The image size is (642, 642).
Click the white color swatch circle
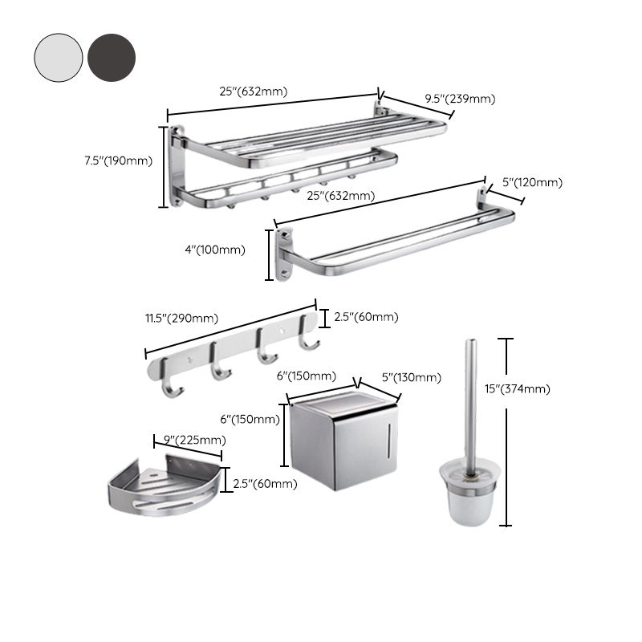(59, 57)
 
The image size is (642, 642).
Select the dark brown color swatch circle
(112, 57)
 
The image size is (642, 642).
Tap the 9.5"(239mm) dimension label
(460, 99)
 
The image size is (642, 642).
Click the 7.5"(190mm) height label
(118, 160)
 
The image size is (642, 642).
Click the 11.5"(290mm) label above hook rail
(181, 318)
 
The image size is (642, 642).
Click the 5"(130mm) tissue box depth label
(411, 377)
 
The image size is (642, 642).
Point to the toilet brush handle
(471, 401)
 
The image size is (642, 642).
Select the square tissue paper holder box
(345, 445)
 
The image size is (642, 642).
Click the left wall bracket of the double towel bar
(284, 254)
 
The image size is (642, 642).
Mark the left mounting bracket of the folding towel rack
(177, 165)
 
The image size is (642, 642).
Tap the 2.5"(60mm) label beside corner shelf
(265, 483)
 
